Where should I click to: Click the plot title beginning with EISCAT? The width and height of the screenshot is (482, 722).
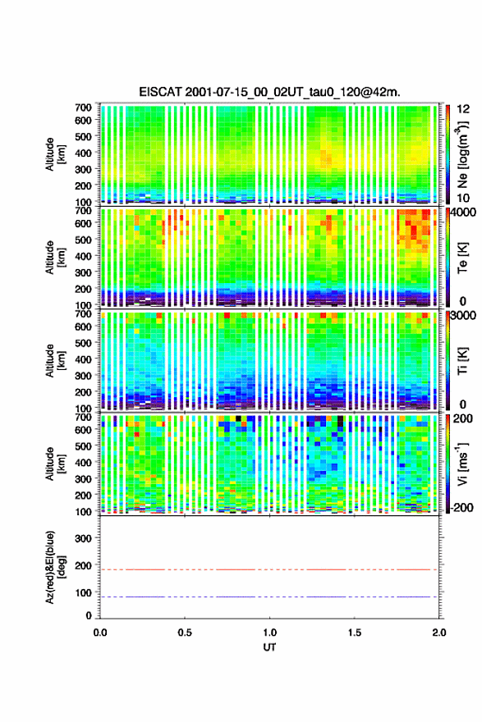(269, 92)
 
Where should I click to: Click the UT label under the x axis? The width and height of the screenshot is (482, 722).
(269, 647)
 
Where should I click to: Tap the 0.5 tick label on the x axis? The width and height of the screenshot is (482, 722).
(185, 633)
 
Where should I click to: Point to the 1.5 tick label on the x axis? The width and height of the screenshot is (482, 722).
(355, 633)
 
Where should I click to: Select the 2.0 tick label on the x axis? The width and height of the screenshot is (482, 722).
(439, 633)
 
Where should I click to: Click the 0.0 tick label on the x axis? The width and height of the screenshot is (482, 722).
(100, 633)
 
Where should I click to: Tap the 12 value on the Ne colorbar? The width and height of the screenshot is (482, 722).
(464, 108)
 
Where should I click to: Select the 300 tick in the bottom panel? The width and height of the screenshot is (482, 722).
(84, 538)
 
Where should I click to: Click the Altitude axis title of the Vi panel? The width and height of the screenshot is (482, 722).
(55, 464)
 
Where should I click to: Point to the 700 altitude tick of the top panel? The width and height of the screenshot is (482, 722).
(84, 107)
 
